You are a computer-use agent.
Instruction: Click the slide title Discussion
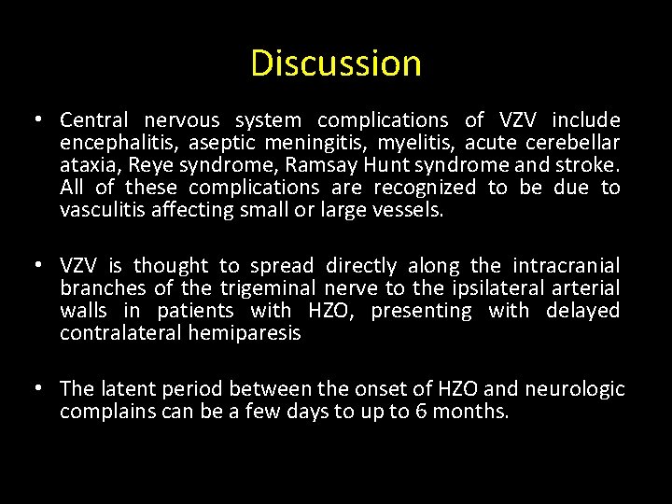[x=336, y=63]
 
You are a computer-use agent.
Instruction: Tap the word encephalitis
[x=119, y=143]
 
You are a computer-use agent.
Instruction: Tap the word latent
[x=124, y=389]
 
